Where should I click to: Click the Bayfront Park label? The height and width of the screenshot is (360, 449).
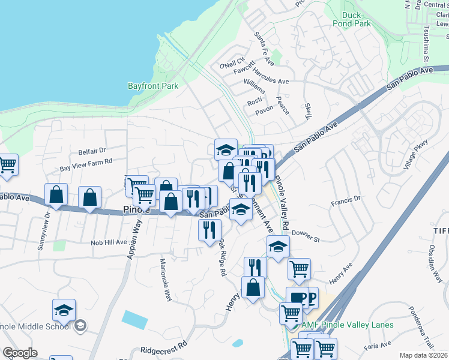click(153, 86)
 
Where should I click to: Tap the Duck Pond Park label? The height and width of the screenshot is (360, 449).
click(356, 19)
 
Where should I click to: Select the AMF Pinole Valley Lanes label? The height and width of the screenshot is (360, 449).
click(348, 325)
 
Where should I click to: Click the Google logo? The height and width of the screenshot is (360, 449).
click(20, 353)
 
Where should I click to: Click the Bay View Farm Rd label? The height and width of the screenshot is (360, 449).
click(86, 162)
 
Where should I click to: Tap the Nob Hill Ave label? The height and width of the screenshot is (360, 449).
click(109, 242)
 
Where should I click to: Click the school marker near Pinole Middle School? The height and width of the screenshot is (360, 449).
click(64, 310)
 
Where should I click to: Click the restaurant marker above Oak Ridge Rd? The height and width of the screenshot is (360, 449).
click(209, 230)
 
